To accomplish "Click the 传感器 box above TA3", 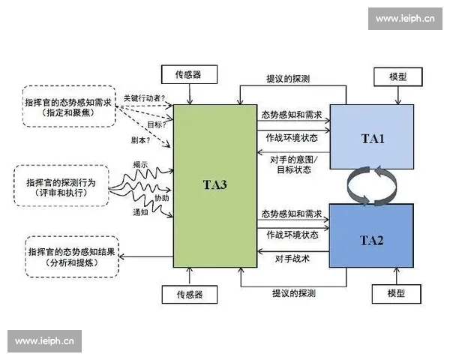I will (x=190, y=75).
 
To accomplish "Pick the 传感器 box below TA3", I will (x=190, y=293).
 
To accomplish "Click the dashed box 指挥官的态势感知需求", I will (x=70, y=106).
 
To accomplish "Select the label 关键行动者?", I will (x=144, y=98).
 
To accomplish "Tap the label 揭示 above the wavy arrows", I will (x=140, y=165).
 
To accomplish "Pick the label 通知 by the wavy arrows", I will (x=140, y=212).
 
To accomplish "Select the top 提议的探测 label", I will (x=288, y=78).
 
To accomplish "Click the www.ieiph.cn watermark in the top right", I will (x=405, y=19).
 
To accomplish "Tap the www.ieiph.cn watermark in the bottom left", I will (x=44, y=341).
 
